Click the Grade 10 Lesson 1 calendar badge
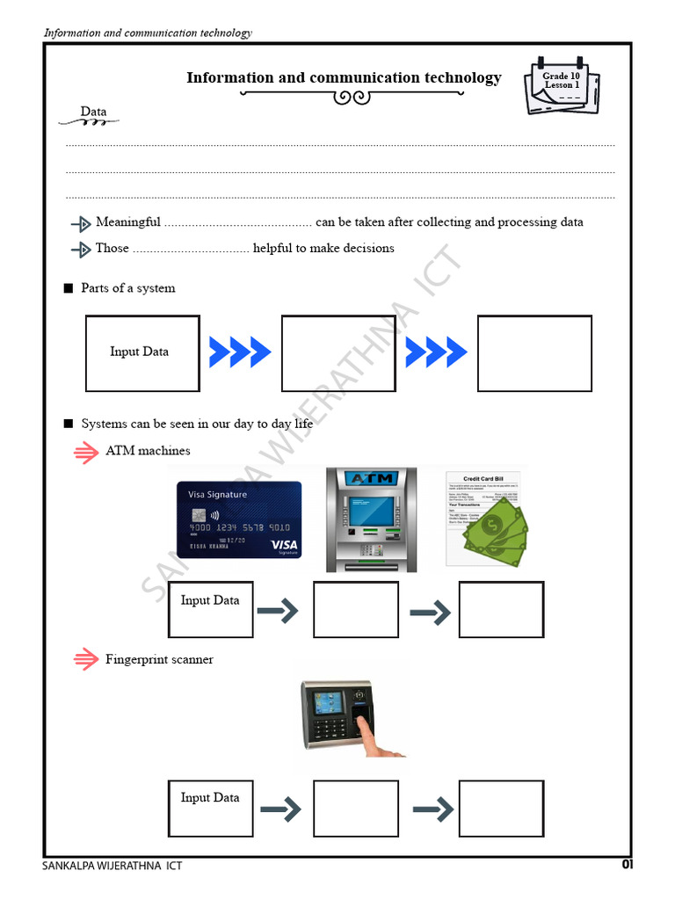tap(562, 85)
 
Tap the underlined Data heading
tap(93, 112)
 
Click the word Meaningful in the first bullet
tap(127, 222)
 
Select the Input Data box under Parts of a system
tap(142, 353)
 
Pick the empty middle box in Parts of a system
tap(338, 353)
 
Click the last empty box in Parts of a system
tap(534, 353)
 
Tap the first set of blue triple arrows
tap(240, 352)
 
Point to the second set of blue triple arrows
tap(436, 352)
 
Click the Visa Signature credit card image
tap(238, 519)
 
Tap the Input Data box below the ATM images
tap(210, 609)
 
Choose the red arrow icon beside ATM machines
tap(85, 452)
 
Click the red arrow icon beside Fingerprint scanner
tap(85, 660)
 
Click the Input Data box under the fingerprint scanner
tap(210, 808)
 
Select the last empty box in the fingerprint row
tap(501, 808)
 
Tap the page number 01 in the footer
tap(627, 865)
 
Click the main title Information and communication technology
tap(344, 78)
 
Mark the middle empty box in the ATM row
tap(355, 609)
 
